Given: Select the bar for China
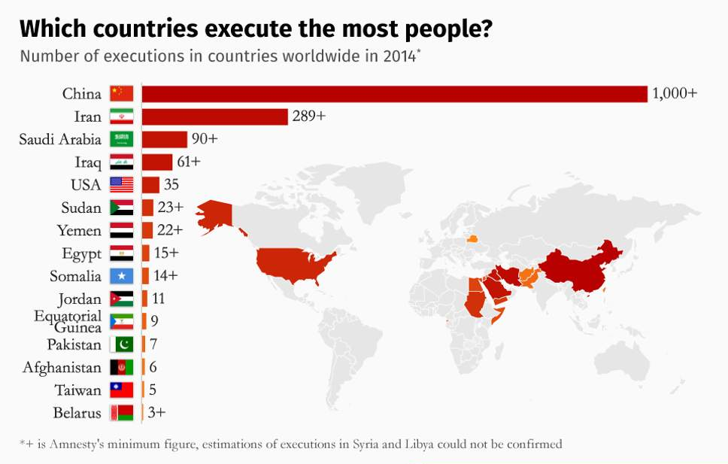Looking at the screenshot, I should (394, 93).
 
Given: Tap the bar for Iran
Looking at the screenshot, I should (214, 117).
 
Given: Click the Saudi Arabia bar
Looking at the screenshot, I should (164, 139).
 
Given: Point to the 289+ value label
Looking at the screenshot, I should (309, 117).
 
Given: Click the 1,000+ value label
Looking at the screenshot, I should (675, 93).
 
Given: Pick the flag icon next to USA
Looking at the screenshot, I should (121, 185).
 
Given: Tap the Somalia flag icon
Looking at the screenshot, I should (121, 276).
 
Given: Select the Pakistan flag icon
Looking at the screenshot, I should (121, 344).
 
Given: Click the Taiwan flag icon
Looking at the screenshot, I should (121, 390).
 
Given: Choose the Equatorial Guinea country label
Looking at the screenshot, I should (68, 321).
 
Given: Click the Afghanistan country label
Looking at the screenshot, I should (62, 368).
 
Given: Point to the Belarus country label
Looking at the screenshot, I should (77, 413).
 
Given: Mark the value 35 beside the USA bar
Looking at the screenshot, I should (171, 185).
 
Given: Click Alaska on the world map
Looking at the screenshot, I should (215, 215).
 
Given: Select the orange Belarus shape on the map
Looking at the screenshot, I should (472, 240).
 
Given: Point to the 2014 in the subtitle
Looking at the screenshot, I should (396, 57).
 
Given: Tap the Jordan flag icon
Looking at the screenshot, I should (121, 299).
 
